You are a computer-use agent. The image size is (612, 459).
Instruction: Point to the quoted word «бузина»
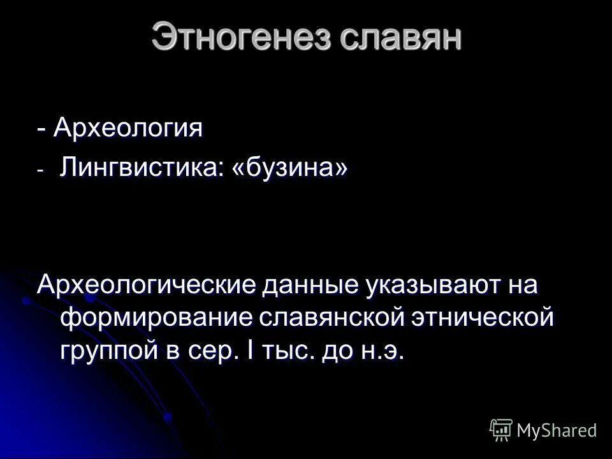[294, 168]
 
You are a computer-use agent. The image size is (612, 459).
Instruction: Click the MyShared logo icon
[501, 430]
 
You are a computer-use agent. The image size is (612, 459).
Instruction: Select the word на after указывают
[520, 284]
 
